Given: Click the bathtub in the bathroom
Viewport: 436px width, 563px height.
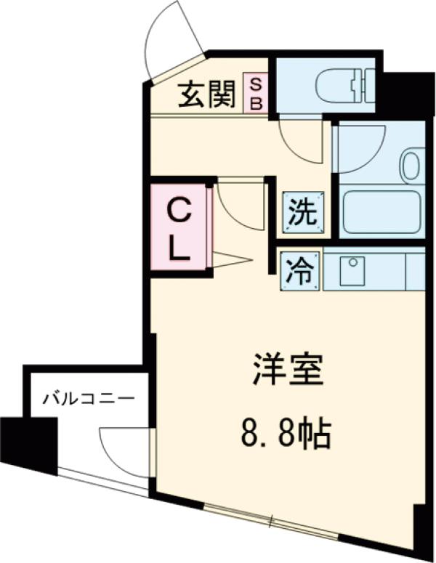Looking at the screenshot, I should tap(381, 211).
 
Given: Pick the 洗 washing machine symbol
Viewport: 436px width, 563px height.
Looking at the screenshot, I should tap(302, 213).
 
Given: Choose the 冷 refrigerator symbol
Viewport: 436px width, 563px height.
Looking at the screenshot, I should tap(300, 271).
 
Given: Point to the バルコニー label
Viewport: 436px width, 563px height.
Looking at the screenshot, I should tap(88, 399).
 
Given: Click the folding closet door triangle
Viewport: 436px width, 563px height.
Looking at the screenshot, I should tap(231, 259).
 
